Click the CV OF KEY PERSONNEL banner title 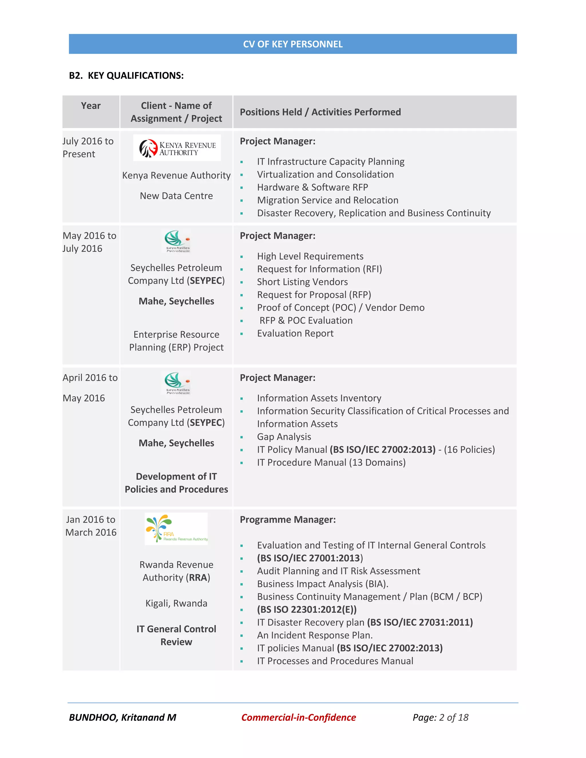(293, 44)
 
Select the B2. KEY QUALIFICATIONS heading (126, 76)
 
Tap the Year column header (91, 106)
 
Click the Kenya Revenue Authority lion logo (149, 148)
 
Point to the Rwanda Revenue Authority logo (176, 529)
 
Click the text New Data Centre (176, 196)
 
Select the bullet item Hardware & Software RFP (312, 187)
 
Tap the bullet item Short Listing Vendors (302, 282)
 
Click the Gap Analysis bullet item (284, 436)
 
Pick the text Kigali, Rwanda (176, 603)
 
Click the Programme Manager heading (288, 519)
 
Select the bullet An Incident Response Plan (315, 635)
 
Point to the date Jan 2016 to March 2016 (91, 526)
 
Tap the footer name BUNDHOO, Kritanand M (122, 717)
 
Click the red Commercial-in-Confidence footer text (298, 717)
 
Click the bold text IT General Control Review (176, 636)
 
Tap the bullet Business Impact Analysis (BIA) (322, 584)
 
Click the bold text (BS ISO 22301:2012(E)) (307, 610)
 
